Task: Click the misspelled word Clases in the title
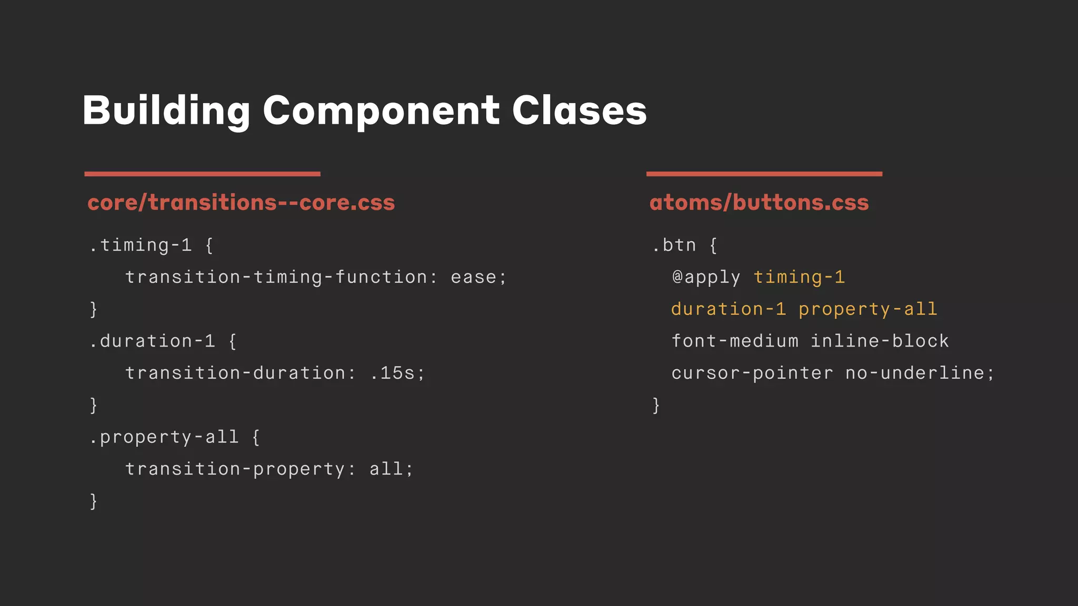[x=579, y=110]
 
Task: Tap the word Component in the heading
[x=381, y=110]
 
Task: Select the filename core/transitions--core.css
[x=241, y=203]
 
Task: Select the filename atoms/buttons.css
[x=759, y=203]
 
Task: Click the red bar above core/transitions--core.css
[x=202, y=174]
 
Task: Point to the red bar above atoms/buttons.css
[x=764, y=174]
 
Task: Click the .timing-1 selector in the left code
[x=141, y=245]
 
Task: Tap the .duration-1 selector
[x=152, y=341]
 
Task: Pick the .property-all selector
[x=164, y=437]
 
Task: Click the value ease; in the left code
[x=478, y=277]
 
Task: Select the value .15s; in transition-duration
[x=397, y=373]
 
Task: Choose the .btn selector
[x=674, y=245]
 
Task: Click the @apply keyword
[x=706, y=277]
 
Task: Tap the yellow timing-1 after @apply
[x=799, y=277]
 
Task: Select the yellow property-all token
[x=868, y=309]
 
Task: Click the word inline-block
[x=880, y=341]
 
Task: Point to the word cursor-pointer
[x=752, y=373]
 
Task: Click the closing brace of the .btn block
[x=656, y=405]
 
